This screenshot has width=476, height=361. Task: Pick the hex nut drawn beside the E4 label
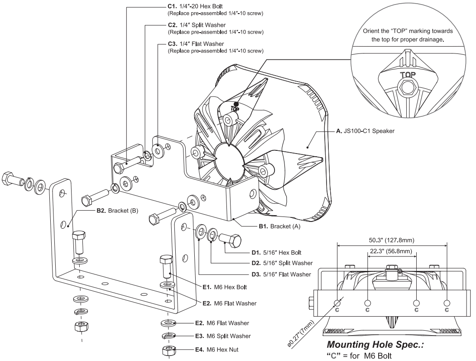point(169,350)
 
